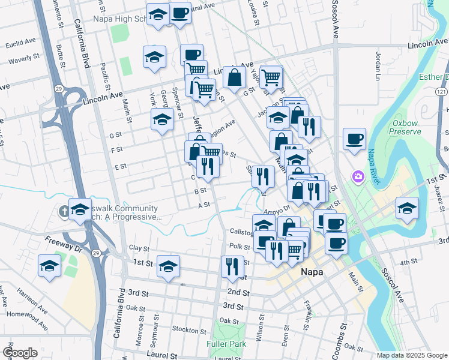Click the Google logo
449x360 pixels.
20,353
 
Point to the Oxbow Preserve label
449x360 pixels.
409,127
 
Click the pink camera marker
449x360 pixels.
358,176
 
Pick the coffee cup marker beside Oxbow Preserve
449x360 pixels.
354,140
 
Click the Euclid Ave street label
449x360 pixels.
21,45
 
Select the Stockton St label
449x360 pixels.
188,330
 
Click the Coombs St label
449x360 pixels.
344,336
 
